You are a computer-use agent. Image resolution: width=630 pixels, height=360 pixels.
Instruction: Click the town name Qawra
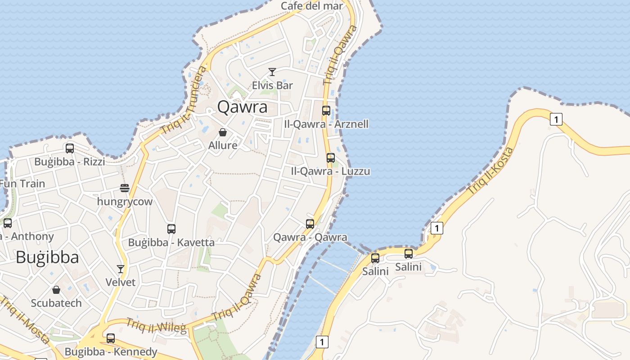[242, 107]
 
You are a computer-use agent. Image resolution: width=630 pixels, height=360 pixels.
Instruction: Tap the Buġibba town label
[47, 257]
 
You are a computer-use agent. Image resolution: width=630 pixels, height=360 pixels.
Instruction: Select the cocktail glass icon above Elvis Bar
[272, 72]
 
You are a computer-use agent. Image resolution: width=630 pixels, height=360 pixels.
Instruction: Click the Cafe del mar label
[311, 6]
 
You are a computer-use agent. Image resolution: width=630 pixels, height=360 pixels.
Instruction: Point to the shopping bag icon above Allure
[222, 132]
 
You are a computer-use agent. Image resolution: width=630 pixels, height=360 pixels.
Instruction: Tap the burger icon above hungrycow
[125, 188]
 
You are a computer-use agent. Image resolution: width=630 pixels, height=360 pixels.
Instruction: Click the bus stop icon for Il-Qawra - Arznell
[326, 111]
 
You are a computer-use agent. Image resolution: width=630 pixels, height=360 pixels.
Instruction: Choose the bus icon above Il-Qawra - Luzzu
[331, 158]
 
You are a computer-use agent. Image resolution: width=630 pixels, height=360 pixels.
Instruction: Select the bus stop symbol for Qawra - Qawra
[310, 224]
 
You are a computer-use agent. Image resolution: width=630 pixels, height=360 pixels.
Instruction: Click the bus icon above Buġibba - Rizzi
[70, 148]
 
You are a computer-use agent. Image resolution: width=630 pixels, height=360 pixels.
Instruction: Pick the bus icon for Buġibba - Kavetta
[171, 229]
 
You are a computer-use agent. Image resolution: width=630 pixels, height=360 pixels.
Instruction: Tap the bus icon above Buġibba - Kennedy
[111, 338]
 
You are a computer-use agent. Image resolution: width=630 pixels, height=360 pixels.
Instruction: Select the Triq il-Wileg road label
[156, 326]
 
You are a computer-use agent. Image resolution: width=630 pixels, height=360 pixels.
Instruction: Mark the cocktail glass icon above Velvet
[121, 269]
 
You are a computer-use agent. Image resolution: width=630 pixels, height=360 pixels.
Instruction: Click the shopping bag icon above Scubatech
[56, 290]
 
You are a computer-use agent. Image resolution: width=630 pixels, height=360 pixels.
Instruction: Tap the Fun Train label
[22, 184]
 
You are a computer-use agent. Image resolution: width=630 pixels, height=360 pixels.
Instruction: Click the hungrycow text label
[125, 202]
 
